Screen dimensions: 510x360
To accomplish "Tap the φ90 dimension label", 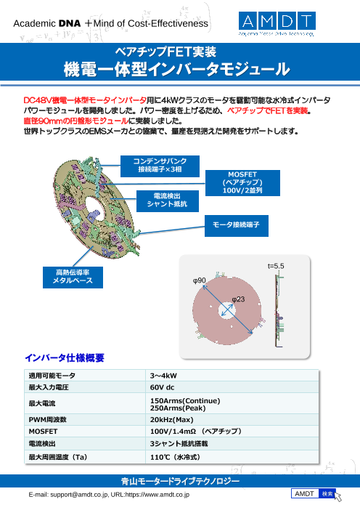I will click(x=200, y=280).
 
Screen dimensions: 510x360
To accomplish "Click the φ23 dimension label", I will click(x=238, y=299).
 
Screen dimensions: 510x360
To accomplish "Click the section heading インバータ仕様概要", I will click(x=65, y=358).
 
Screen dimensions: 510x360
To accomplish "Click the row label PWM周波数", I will click(x=47, y=420).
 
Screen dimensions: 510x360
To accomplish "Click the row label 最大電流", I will click(x=42, y=403).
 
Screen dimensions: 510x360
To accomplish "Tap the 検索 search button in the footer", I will click(x=327, y=494).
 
